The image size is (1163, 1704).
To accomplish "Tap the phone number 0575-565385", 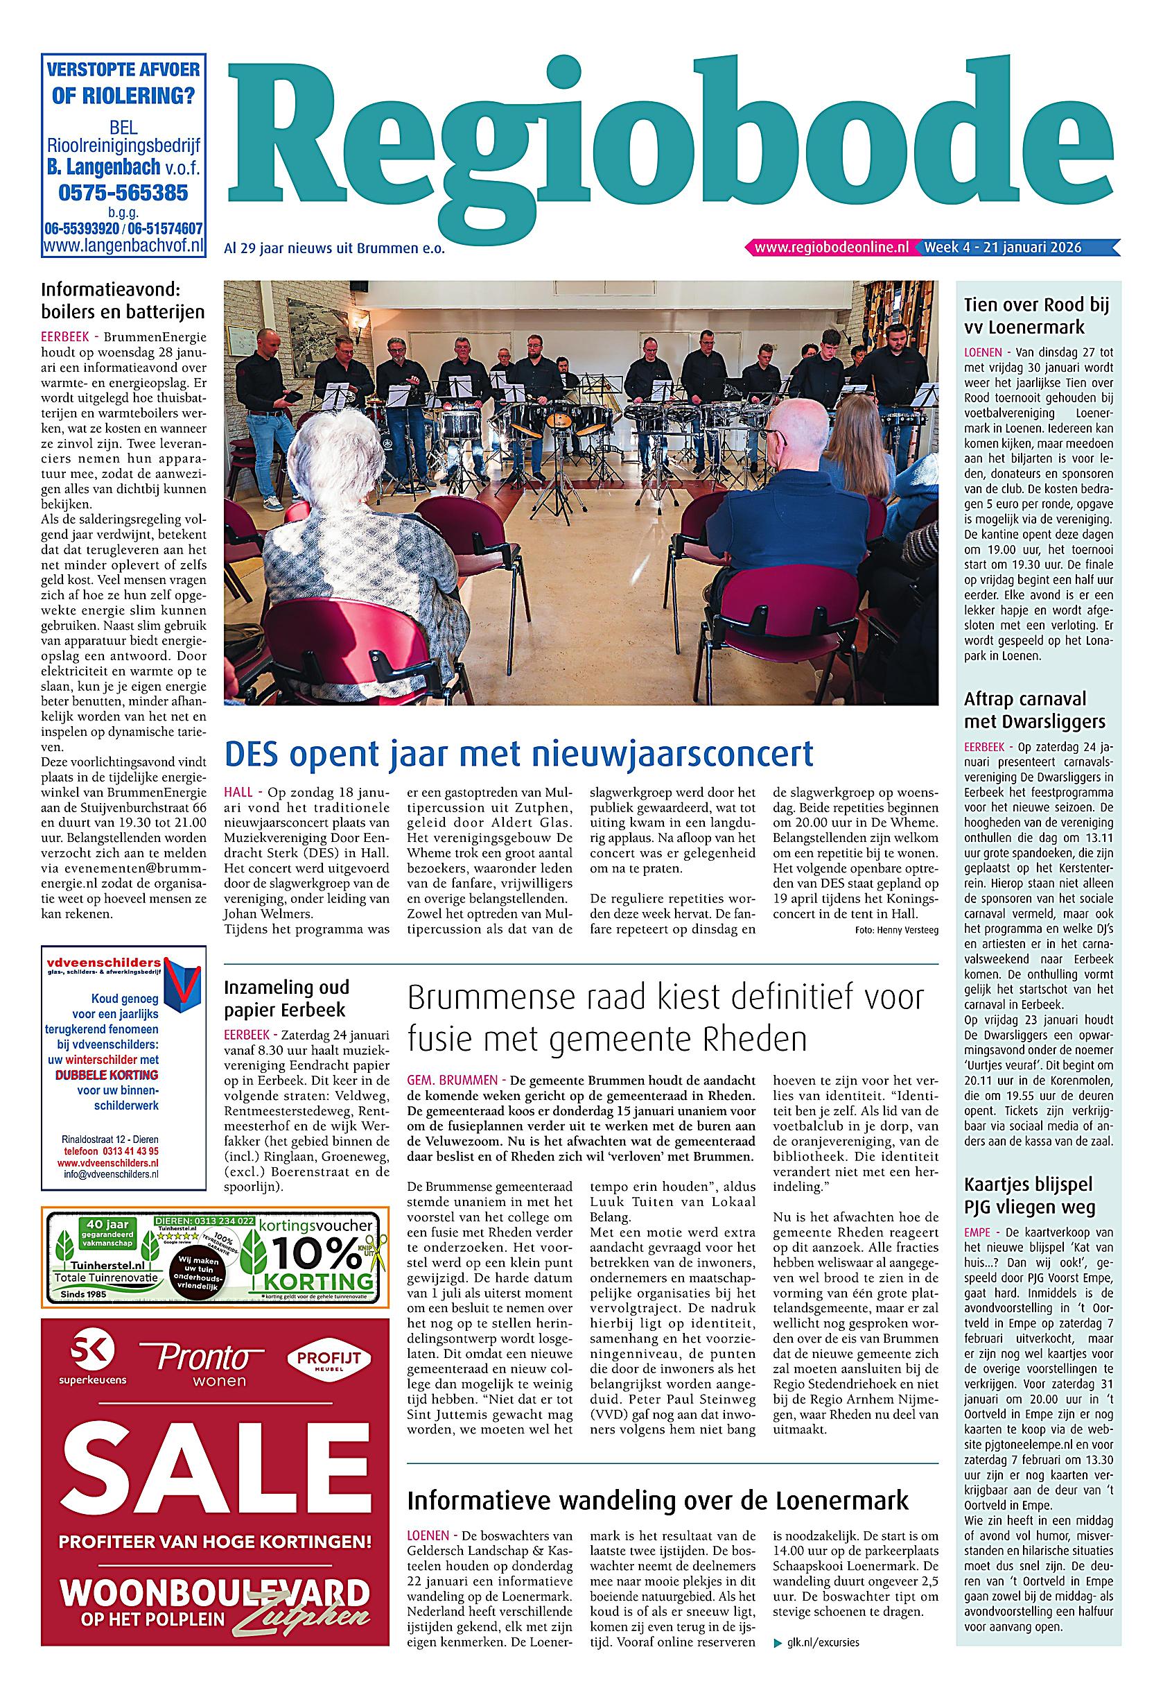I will (123, 193).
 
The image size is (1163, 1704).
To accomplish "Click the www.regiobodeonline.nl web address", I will (831, 248).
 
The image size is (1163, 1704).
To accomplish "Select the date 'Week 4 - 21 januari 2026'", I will (1002, 248).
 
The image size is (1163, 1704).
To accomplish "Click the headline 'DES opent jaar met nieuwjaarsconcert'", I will (519, 753).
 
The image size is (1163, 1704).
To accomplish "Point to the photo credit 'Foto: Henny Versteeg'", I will (896, 930).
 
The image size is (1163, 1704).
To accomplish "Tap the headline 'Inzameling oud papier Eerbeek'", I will (286, 998).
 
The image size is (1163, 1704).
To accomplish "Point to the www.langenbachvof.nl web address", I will (123, 246).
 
